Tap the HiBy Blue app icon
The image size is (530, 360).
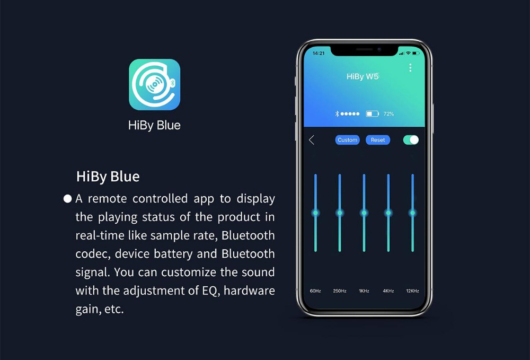coord(154,84)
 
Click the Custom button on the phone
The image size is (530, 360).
coord(347,140)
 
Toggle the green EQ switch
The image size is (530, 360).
coord(411,139)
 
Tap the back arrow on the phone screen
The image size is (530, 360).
coord(312,140)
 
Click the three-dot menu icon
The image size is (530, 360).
coord(410,68)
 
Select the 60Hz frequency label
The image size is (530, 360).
coord(315,291)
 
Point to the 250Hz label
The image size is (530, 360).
coord(340,291)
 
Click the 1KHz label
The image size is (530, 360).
coord(364,291)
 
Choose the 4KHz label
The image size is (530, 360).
coord(388,291)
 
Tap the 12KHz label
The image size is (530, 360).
coord(412,291)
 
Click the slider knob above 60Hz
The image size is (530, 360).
coord(315,213)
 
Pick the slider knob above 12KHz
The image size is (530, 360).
coord(412,213)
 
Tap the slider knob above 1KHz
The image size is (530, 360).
coord(364,213)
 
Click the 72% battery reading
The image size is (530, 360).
coord(388,114)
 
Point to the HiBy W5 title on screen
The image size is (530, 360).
coord(363,77)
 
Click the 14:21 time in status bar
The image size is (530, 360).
coord(319,53)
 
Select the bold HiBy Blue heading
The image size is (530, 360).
coord(108,177)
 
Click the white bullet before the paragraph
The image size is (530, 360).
coord(67,199)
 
